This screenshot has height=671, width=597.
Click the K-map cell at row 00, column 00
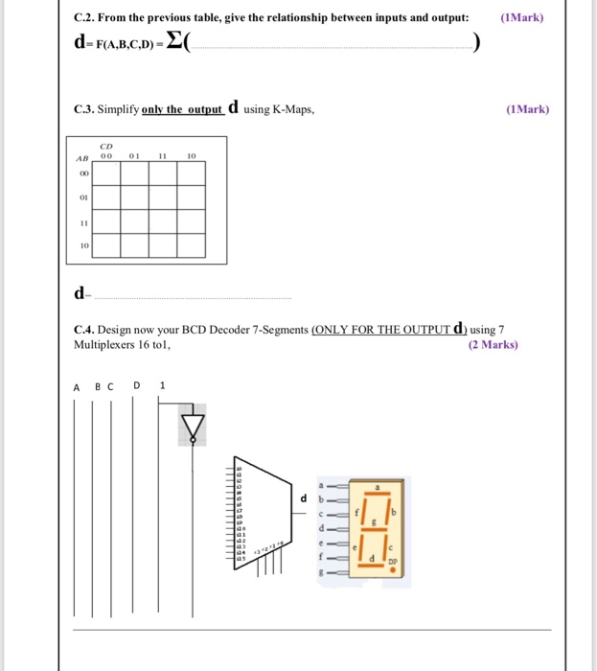(x=106, y=174)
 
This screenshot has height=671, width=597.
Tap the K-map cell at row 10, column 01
(x=135, y=245)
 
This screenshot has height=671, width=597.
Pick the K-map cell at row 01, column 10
(x=192, y=197)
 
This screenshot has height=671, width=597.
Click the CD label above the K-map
(x=105, y=148)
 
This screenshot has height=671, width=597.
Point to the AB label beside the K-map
(x=82, y=157)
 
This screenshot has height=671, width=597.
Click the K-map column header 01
(x=135, y=156)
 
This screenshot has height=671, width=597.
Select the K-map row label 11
(x=83, y=220)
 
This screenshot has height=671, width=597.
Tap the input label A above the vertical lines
(x=77, y=386)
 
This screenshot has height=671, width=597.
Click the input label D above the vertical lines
(x=137, y=386)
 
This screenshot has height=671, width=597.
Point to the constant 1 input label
(x=163, y=386)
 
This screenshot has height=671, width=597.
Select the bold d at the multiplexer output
(x=304, y=497)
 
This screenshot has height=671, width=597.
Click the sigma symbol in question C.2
(x=174, y=41)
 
